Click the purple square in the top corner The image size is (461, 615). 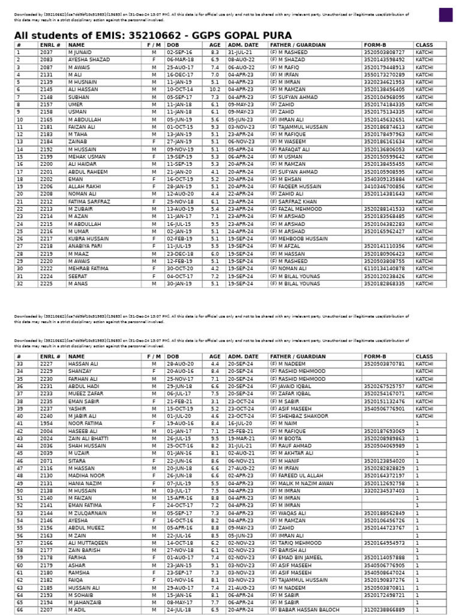coord(445,15)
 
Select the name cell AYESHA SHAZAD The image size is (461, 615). coord(89,60)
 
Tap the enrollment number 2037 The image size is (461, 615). coord(46,52)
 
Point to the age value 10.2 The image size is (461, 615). coord(214,89)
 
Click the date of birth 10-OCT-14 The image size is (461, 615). coord(179,89)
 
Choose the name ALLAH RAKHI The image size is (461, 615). coord(85,187)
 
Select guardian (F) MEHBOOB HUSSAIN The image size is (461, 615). coord(299,238)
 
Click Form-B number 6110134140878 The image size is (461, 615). coord(384,268)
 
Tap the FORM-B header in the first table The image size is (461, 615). coord(375,45)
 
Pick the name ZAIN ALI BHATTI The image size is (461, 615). coord(88,438)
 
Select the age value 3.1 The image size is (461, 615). coord(214,401)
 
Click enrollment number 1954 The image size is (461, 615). coord(46,423)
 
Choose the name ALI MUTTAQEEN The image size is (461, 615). coord(88,543)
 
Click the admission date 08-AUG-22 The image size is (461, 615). coord(241,60)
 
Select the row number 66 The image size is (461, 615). coord(20,610)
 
